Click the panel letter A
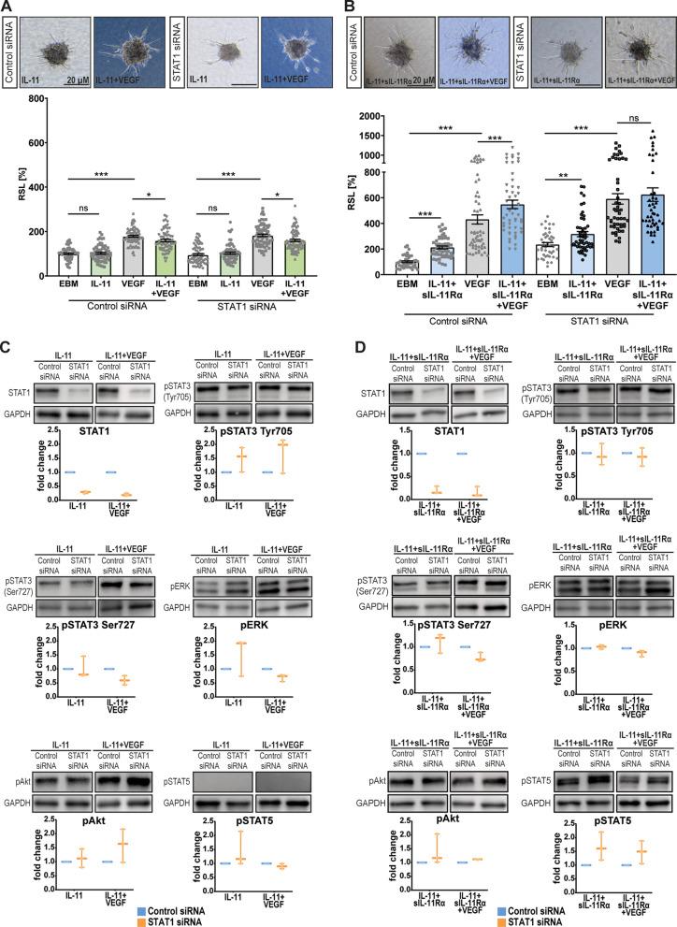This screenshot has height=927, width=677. pos(7,7)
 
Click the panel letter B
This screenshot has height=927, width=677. pos(353,7)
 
